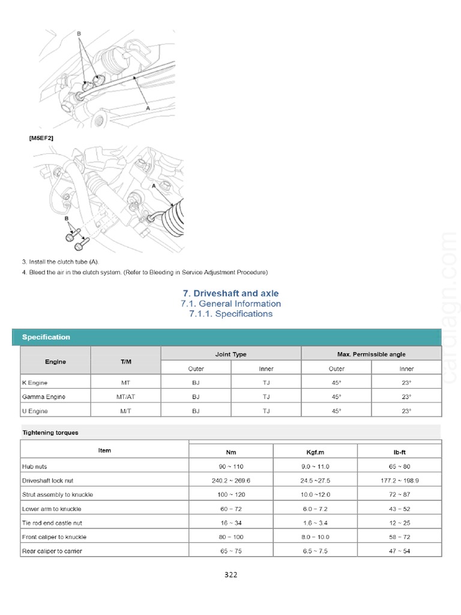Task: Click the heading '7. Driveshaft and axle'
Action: pos(230,293)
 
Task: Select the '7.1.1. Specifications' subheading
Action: pos(230,314)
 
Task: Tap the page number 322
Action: pos(230,575)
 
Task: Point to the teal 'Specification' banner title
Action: pos(46,337)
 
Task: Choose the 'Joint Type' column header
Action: pos(230,354)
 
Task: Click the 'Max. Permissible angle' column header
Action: pos(371,354)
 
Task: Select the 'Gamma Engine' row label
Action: pos(44,397)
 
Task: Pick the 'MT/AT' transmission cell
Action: pos(125,397)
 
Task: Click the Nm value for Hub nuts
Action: pos(230,466)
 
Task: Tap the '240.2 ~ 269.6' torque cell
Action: pos(230,480)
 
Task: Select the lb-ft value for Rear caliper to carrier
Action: pos(399,551)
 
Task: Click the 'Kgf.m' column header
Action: pos(315,452)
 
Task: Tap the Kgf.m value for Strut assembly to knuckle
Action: pos(315,494)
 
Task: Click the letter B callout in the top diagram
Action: pos(79,34)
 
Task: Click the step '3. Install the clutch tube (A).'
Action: pos(61,261)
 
